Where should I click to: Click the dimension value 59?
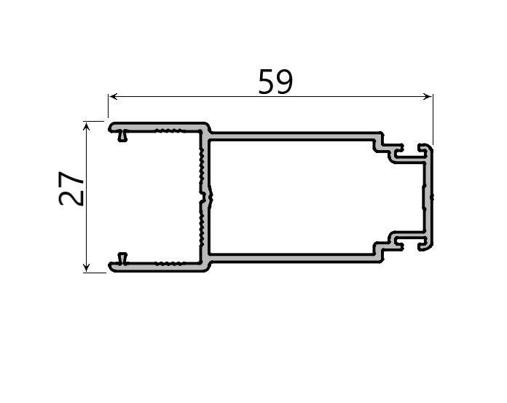[x=275, y=82]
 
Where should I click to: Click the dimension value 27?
[x=72, y=189]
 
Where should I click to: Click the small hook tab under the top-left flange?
[x=123, y=136]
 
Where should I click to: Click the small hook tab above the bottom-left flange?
[x=122, y=257]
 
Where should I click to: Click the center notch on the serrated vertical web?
[x=207, y=197]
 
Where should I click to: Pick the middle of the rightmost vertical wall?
[x=430, y=197]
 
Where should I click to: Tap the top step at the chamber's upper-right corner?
[x=380, y=141]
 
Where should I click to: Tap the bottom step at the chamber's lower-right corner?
[x=380, y=252]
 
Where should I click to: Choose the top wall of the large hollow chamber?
[x=291, y=136]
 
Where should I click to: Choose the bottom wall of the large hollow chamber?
[x=291, y=258]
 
